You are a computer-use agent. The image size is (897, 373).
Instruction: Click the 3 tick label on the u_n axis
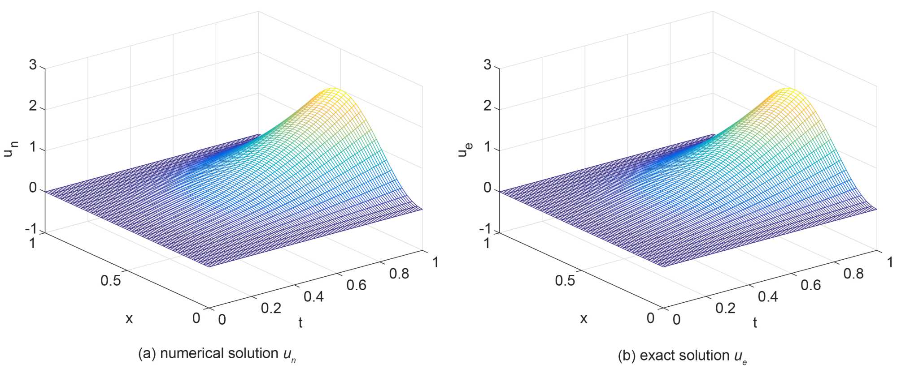tap(33, 65)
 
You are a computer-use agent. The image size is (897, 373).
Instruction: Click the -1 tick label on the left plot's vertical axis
tap(30, 229)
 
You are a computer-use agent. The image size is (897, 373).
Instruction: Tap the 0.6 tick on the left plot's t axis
tap(356, 285)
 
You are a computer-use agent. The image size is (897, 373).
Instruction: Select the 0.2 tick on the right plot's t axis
tap(725, 308)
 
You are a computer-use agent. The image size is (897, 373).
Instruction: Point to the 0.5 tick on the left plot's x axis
tap(110, 281)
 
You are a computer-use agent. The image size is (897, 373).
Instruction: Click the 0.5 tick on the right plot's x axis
tap(565, 281)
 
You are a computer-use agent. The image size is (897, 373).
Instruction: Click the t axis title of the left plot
tap(300, 323)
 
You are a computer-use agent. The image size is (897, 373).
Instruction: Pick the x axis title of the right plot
tap(583, 319)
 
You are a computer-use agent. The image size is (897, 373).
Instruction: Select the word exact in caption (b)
tap(655, 356)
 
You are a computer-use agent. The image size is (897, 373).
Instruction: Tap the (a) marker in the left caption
tap(147, 354)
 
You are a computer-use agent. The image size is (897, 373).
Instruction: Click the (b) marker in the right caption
tap(627, 356)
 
